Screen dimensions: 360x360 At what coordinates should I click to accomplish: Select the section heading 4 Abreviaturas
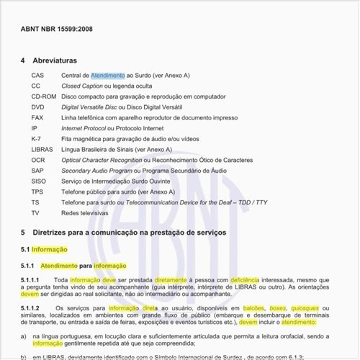coord(49,60)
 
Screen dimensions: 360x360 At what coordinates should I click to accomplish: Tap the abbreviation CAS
coord(37,75)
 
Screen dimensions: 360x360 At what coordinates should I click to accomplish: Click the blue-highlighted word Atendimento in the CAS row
coord(108,75)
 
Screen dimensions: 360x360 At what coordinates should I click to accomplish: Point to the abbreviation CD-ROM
coord(44,96)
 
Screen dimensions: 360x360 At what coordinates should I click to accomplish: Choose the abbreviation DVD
coord(37,107)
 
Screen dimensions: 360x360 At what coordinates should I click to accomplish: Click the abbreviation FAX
coord(37,117)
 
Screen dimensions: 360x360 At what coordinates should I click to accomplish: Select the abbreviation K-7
coord(36,138)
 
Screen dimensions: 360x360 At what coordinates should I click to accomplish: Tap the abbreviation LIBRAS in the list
coord(42,149)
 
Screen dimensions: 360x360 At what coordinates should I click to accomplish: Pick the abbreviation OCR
coord(38,160)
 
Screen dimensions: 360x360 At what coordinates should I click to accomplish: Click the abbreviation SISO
coord(38,181)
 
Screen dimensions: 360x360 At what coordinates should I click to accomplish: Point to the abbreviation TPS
coord(37,192)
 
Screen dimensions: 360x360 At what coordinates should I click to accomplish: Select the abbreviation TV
coord(35,213)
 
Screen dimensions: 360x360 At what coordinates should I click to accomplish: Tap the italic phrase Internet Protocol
coord(85,128)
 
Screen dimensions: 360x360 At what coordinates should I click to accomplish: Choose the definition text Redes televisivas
coord(84,213)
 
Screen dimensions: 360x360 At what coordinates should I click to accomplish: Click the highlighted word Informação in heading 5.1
coord(50,249)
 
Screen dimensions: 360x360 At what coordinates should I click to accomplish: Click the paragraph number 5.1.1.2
coord(34,308)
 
